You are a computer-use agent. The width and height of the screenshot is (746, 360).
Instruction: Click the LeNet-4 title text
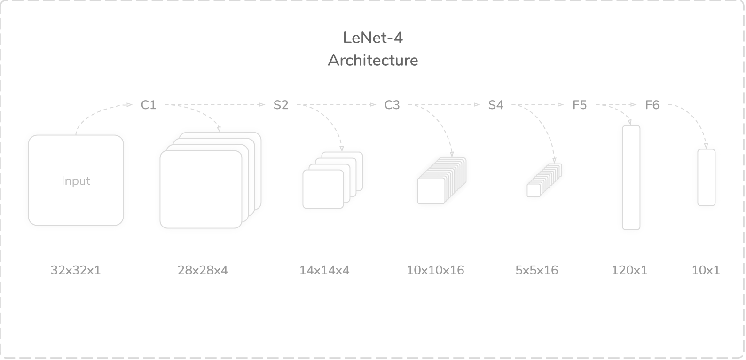point(373,38)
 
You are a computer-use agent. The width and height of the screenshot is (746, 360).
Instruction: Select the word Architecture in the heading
point(373,61)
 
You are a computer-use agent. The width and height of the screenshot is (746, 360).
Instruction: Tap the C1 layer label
point(149,105)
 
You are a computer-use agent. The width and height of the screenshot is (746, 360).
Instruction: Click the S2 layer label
point(281,105)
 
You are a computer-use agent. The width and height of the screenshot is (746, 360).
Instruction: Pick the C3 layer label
point(392,105)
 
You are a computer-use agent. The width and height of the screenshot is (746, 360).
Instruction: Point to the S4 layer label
point(495,105)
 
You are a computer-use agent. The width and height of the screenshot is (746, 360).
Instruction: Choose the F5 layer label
point(580,105)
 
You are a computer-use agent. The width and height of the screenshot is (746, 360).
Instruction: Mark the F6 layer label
point(652,105)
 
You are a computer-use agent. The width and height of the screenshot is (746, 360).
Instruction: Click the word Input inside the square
point(76,181)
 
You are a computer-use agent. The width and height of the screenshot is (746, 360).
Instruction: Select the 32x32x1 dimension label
point(76,270)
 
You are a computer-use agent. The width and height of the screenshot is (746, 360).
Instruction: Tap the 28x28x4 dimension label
point(203,270)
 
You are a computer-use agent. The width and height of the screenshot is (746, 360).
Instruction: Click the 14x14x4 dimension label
point(324,270)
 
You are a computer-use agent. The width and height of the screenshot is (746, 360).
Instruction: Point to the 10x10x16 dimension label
point(435,270)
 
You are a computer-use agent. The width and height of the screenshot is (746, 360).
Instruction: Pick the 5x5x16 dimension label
point(537,270)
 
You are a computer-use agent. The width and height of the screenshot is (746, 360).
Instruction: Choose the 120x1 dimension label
point(629,270)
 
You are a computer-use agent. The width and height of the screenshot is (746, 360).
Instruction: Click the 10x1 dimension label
point(706,270)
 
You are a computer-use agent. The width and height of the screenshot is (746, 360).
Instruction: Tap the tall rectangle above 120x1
point(631,178)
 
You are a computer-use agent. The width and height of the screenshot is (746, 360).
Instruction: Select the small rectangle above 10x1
point(706,177)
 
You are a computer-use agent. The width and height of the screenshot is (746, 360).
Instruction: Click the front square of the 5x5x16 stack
point(534,190)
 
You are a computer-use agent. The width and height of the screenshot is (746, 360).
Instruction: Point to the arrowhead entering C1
point(131,105)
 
